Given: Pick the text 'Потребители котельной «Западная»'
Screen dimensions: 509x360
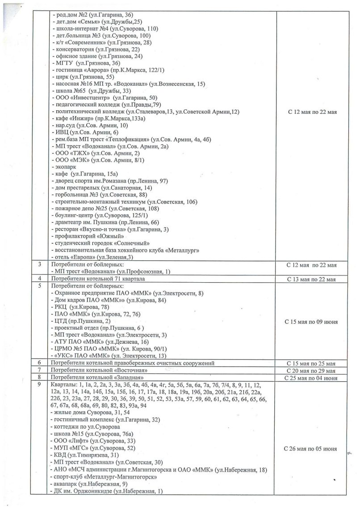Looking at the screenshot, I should pyautogui.click(x=104, y=378).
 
